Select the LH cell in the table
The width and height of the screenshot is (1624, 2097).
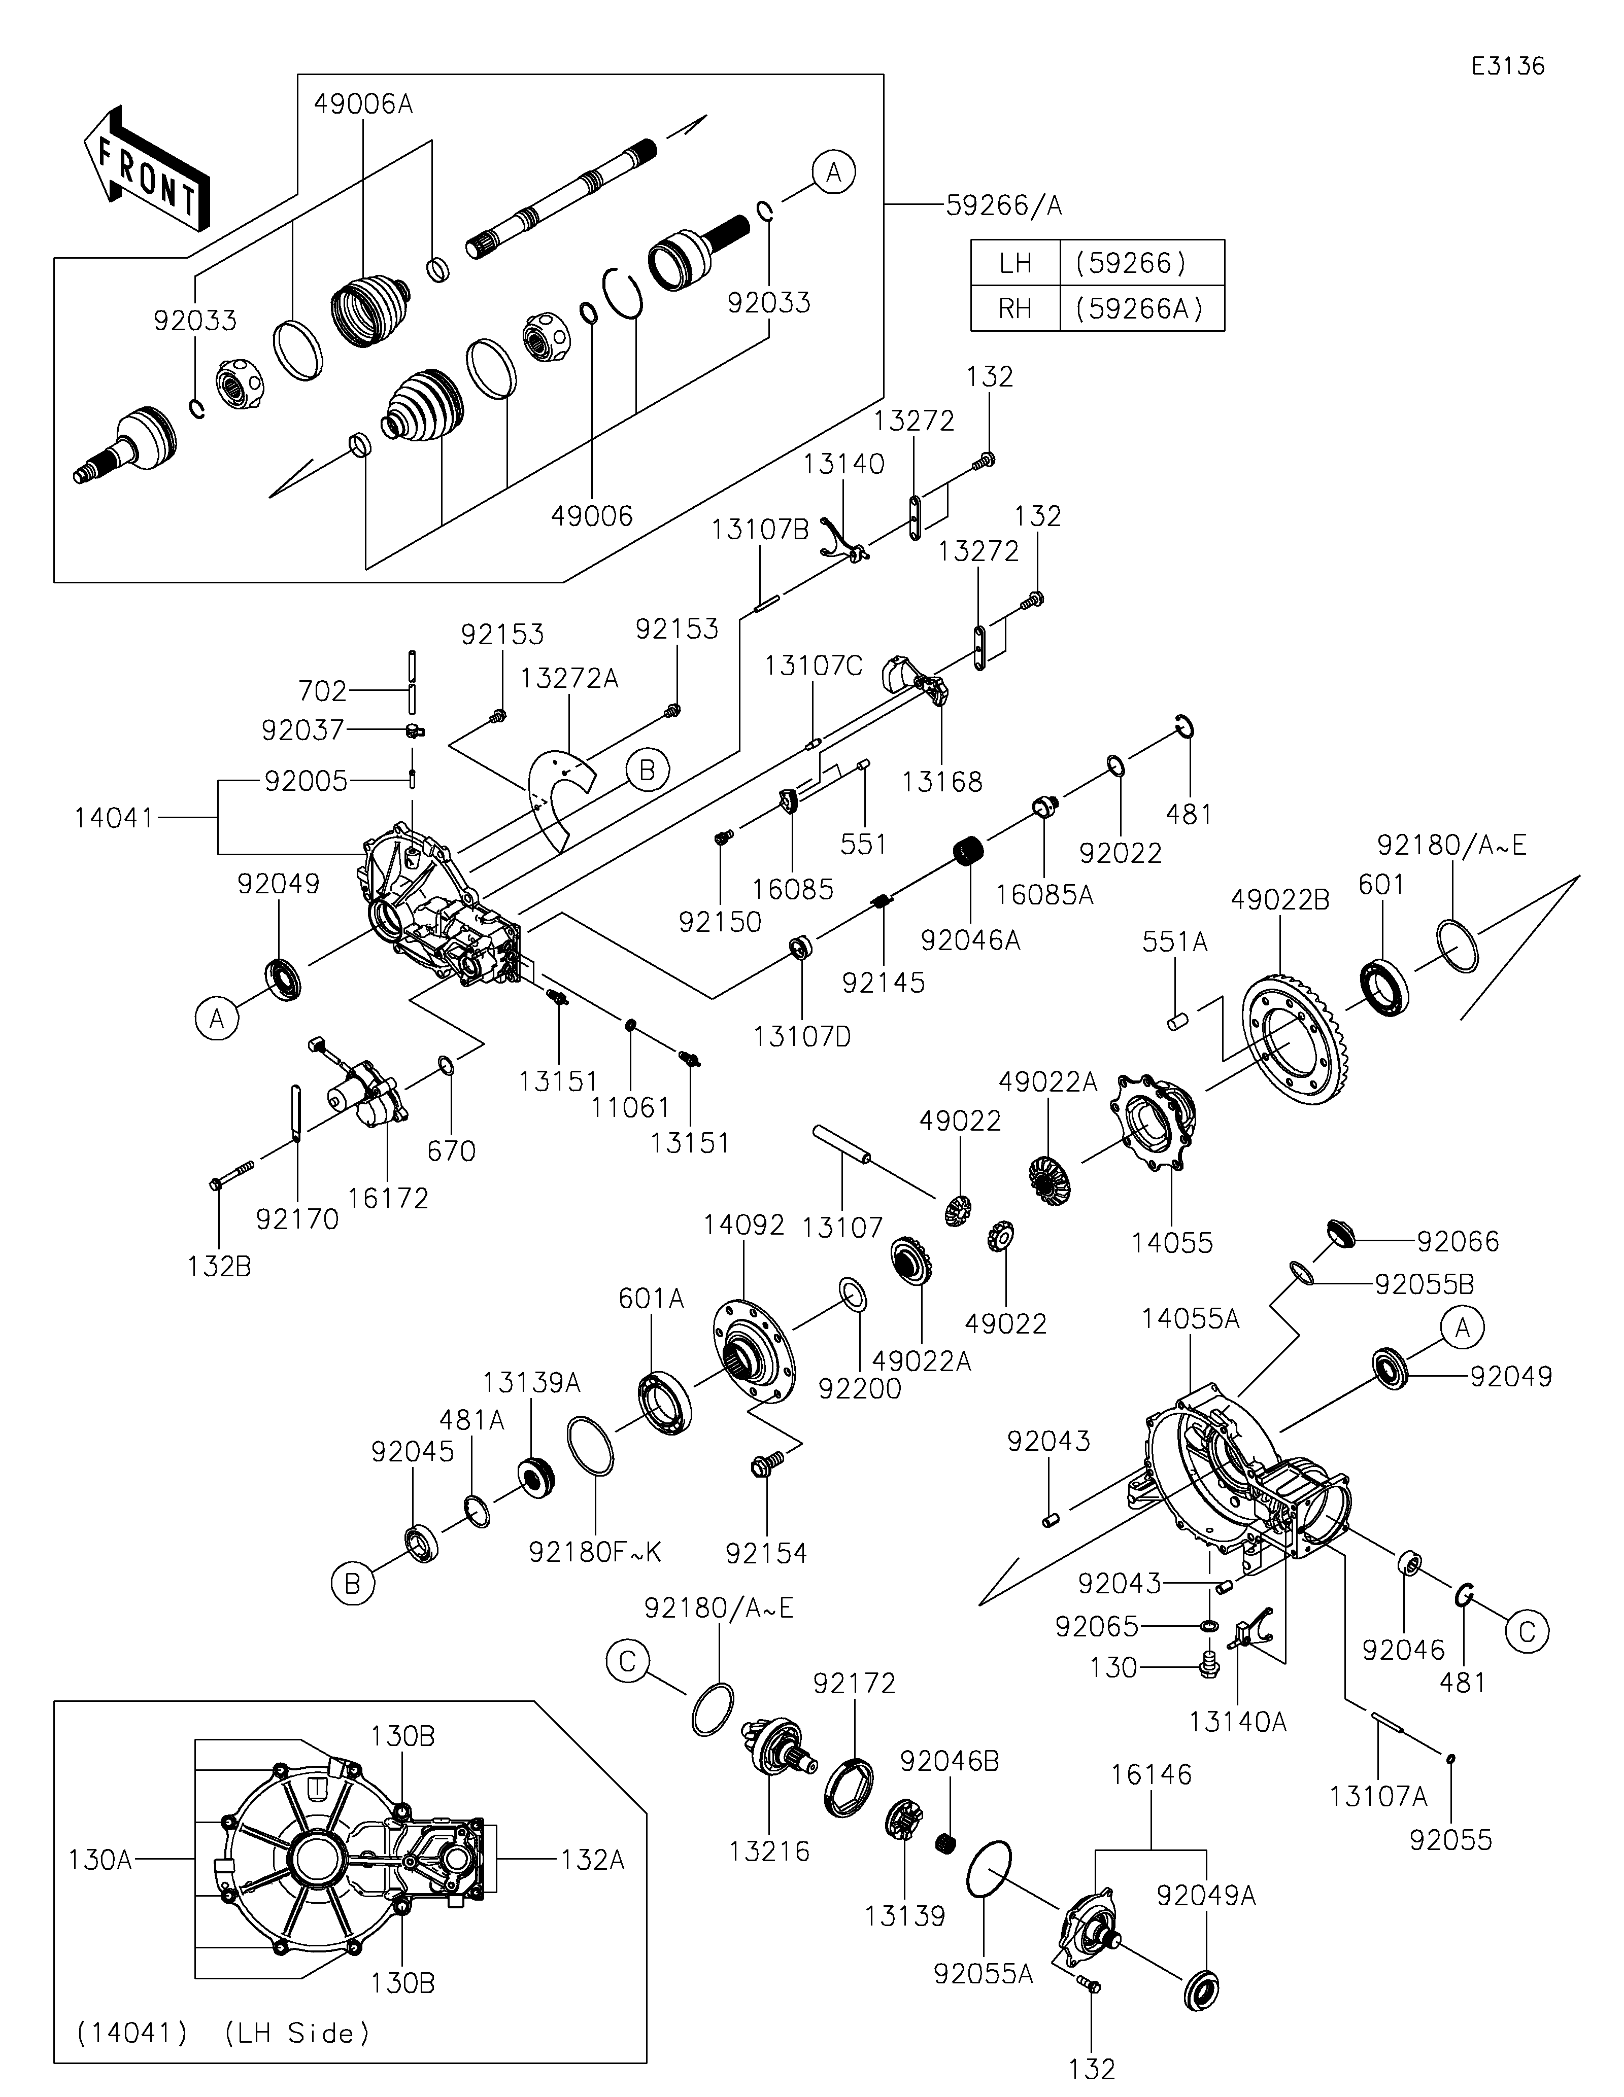1015,262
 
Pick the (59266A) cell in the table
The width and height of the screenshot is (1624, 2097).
1142,308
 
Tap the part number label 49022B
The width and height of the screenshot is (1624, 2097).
1281,900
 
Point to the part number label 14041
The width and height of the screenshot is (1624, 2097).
114,818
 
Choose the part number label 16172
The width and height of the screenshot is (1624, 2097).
388,1198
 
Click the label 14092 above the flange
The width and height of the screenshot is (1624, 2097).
743,1225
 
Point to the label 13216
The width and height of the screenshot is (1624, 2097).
769,1851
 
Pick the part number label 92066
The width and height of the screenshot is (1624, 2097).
1458,1241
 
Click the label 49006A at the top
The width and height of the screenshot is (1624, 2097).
363,103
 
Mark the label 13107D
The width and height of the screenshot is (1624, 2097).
803,1037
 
